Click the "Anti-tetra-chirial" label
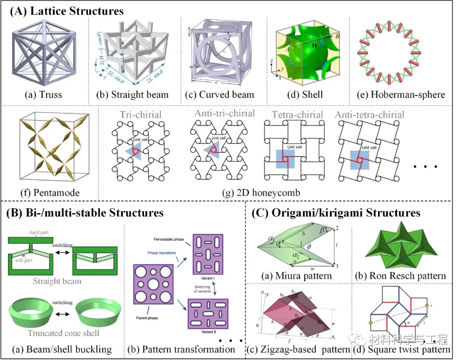pyautogui.click(x=369, y=115)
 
